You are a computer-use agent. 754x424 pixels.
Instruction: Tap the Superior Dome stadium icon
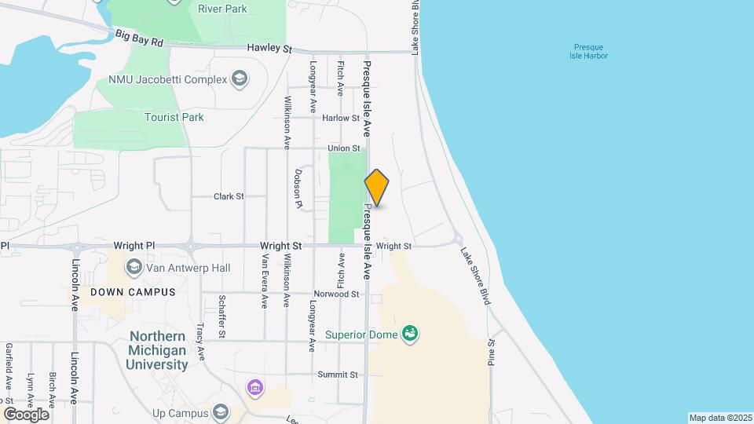409,334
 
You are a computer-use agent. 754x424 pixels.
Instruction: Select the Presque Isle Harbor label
589,51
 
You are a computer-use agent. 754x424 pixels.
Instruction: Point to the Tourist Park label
174,117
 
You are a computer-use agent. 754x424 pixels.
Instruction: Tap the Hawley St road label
269,48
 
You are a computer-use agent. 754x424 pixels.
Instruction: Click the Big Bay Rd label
139,37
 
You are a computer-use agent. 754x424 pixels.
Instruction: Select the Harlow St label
341,119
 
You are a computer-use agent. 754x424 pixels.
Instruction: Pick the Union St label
344,148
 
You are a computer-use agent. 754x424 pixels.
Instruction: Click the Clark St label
229,196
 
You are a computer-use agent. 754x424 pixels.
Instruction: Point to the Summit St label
338,375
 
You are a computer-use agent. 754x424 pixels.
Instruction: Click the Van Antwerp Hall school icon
134,268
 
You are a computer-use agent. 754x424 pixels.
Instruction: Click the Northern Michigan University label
159,350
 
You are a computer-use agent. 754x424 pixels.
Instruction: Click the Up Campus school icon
221,412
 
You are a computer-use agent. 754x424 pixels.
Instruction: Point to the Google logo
26,414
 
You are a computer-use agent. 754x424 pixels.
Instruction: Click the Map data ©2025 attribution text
720,418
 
